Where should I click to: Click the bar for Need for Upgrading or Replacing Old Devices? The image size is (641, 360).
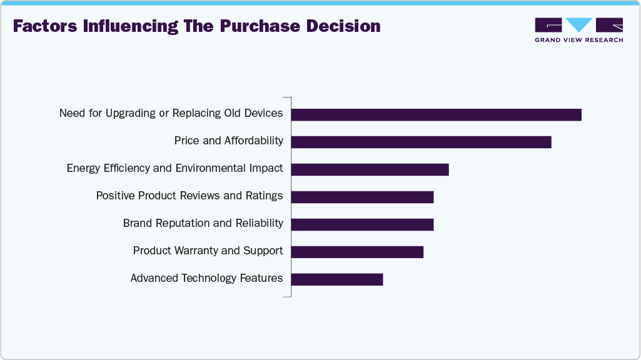(436, 114)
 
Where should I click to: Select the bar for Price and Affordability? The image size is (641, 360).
(421, 142)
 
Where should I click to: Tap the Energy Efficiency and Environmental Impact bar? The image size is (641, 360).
(370, 169)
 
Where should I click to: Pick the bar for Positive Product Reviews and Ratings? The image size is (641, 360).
(362, 197)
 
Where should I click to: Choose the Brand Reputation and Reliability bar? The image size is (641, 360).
(362, 224)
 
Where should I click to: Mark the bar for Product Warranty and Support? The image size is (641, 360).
(357, 251)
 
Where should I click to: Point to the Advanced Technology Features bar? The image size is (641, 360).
(336, 279)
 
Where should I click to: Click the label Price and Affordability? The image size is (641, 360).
(228, 141)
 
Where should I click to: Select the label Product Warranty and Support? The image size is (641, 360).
(208, 251)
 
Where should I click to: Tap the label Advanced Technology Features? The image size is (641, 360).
(206, 278)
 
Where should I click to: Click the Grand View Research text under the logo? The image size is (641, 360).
(578, 40)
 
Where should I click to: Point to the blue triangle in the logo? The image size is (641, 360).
(579, 24)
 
